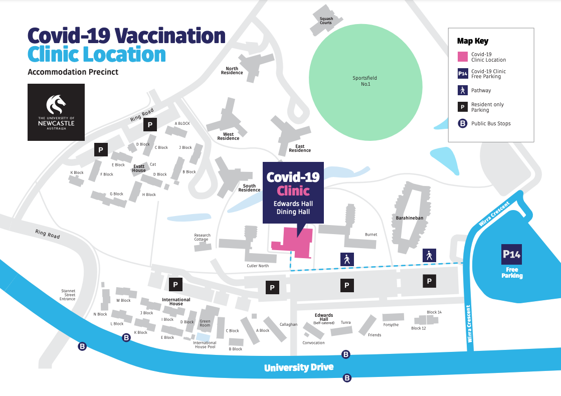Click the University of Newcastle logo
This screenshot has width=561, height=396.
(x=56, y=112)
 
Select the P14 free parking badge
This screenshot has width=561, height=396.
(x=511, y=255)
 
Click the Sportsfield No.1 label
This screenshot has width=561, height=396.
(x=364, y=81)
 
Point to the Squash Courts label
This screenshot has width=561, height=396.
(x=326, y=21)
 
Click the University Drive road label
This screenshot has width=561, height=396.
(x=299, y=367)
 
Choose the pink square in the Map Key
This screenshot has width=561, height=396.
(x=463, y=56)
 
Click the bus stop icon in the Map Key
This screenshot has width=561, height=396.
(x=463, y=123)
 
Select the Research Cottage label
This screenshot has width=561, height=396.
(x=203, y=237)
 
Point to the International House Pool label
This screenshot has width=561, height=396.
(x=205, y=345)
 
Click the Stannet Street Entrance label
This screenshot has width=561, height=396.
(x=68, y=295)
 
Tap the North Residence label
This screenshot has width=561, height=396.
(x=232, y=71)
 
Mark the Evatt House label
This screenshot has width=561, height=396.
(x=139, y=168)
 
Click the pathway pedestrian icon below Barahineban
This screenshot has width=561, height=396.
(x=429, y=255)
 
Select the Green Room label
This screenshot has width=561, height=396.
(x=205, y=323)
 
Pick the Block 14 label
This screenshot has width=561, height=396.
(x=434, y=312)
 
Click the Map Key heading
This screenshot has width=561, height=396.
(x=472, y=41)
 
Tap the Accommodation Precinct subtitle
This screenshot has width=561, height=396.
(x=73, y=72)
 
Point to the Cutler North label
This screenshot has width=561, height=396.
(x=258, y=266)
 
